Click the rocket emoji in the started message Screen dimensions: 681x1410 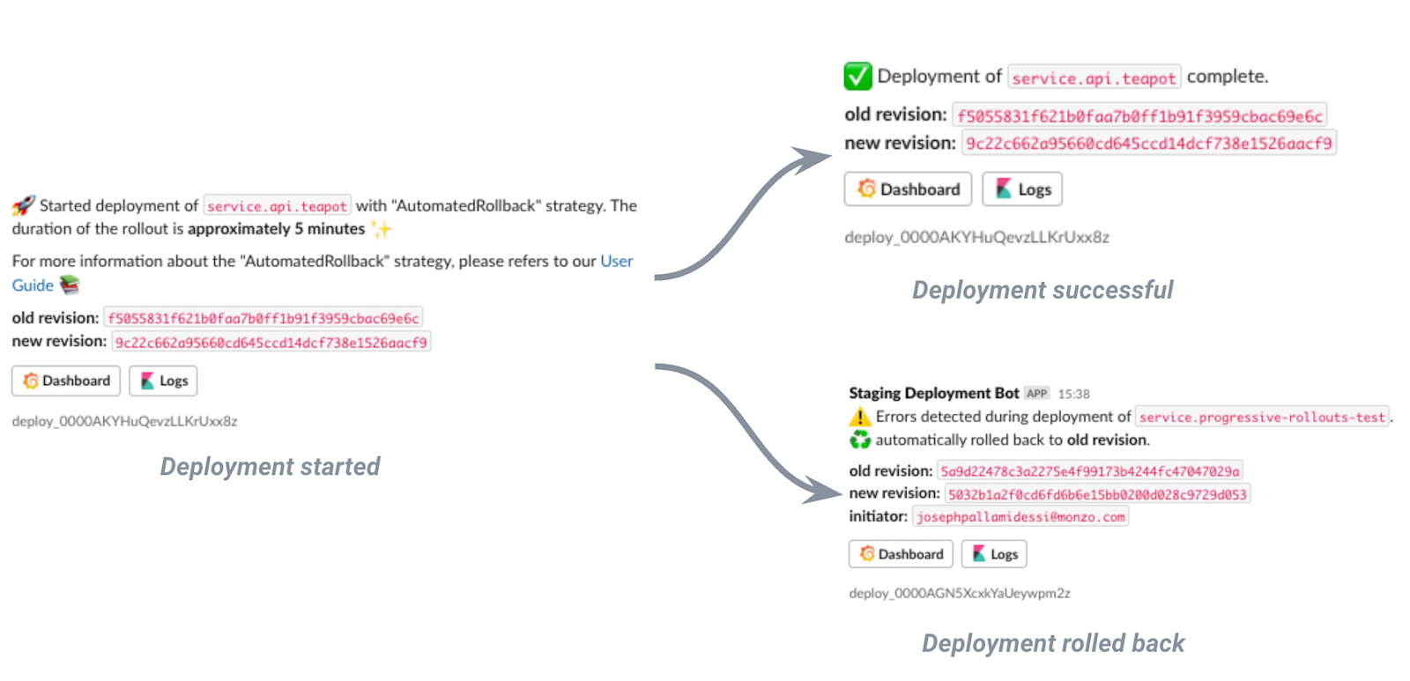[x=24, y=205]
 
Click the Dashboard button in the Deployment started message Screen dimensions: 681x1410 [x=66, y=381]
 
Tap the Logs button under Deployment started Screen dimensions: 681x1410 [x=163, y=381]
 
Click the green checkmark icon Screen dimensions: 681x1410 [x=857, y=77]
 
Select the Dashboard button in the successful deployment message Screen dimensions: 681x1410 [x=908, y=189]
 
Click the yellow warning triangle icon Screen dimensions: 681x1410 [x=859, y=417]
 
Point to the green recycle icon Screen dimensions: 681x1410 [x=859, y=440]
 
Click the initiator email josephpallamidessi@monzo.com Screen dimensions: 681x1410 [x=1020, y=517]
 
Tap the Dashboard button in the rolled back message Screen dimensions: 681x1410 [x=901, y=554]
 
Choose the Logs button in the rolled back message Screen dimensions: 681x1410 [x=994, y=554]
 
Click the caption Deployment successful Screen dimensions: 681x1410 [x=1042, y=290]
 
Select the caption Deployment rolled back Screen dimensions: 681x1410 [x=1052, y=643]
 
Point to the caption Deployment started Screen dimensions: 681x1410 [x=270, y=466]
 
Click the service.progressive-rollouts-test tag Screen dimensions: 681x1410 [x=1261, y=417]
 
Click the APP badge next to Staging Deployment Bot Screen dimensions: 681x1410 [x=1037, y=394]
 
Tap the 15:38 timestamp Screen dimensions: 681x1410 [x=1073, y=394]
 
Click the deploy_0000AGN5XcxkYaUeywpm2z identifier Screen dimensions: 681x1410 [x=959, y=593]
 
